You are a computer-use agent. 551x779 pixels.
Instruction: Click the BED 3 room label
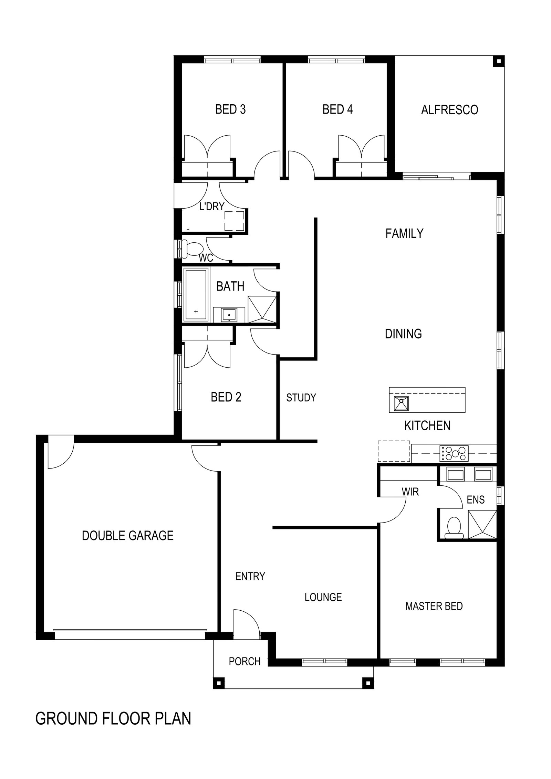click(230, 109)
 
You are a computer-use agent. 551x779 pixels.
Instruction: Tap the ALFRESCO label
click(450, 110)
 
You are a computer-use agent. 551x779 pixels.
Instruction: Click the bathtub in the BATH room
click(196, 295)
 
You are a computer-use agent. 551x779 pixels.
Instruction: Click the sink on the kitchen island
click(402, 403)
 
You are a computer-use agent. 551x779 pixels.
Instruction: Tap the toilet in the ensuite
click(454, 528)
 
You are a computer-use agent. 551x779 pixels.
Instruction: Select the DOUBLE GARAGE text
click(128, 536)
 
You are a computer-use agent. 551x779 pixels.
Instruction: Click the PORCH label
click(245, 661)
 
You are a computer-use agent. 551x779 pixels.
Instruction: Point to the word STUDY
click(301, 398)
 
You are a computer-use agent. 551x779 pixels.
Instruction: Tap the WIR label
click(410, 492)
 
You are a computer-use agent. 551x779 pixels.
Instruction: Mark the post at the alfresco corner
click(498, 61)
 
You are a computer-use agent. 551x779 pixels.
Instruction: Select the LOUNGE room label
click(323, 597)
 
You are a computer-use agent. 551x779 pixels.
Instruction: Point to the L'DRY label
click(212, 206)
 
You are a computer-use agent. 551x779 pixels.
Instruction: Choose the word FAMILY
click(404, 233)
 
